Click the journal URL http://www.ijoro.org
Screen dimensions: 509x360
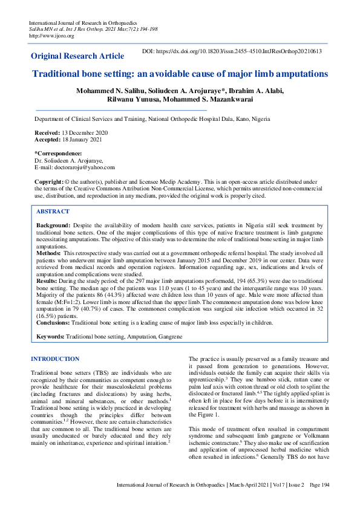click(51, 36)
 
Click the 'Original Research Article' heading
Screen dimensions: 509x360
click(77, 56)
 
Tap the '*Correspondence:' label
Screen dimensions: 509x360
click(58, 154)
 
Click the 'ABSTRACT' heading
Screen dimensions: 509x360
click(53, 212)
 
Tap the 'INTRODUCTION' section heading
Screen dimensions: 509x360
click(54, 359)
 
